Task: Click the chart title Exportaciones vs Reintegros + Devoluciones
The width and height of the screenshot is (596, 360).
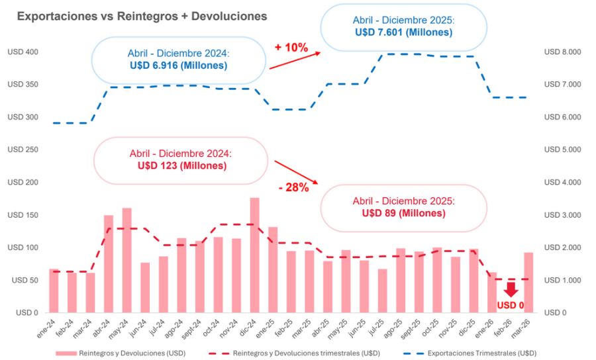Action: click(142, 15)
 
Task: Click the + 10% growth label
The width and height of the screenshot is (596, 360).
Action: click(291, 47)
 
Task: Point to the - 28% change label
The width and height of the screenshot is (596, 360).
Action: click(293, 187)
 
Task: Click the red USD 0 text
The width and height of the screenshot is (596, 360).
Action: click(510, 305)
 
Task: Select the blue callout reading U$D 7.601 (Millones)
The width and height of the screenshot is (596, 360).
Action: click(403, 26)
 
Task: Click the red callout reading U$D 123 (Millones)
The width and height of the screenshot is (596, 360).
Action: click(181, 159)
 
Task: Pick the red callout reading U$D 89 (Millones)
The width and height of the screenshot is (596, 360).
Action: click(403, 207)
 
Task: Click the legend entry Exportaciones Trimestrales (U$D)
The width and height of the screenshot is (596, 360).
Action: click(481, 353)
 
